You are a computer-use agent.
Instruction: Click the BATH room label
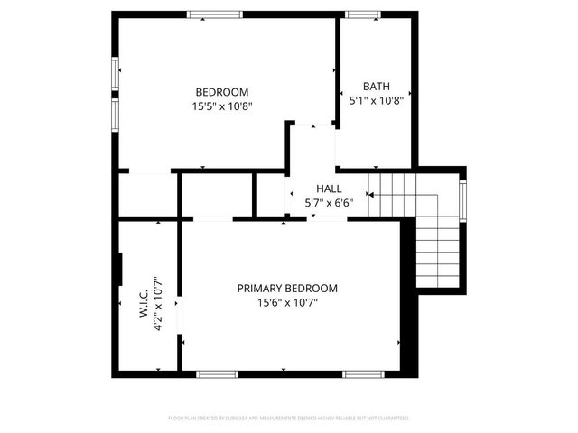pyautogui.click(x=377, y=87)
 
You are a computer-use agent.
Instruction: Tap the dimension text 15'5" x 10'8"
pyautogui.click(x=222, y=106)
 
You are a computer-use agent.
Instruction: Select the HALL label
pyautogui.click(x=329, y=189)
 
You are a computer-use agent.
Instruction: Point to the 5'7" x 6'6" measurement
pyautogui.click(x=329, y=203)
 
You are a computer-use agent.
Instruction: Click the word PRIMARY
pyautogui.click(x=263, y=289)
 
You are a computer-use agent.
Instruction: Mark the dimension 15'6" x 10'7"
pyautogui.click(x=287, y=303)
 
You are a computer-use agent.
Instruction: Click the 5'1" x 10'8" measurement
pyautogui.click(x=376, y=101)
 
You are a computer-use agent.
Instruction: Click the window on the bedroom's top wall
pyautogui.click(x=215, y=14)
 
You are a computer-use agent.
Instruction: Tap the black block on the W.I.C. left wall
pyautogui.click(x=119, y=269)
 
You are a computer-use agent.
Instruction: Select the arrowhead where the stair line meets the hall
pyautogui.click(x=369, y=194)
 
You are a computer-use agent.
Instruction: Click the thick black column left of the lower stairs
pyautogui.click(x=406, y=262)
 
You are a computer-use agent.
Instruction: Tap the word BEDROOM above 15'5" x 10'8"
pyautogui.click(x=222, y=91)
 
